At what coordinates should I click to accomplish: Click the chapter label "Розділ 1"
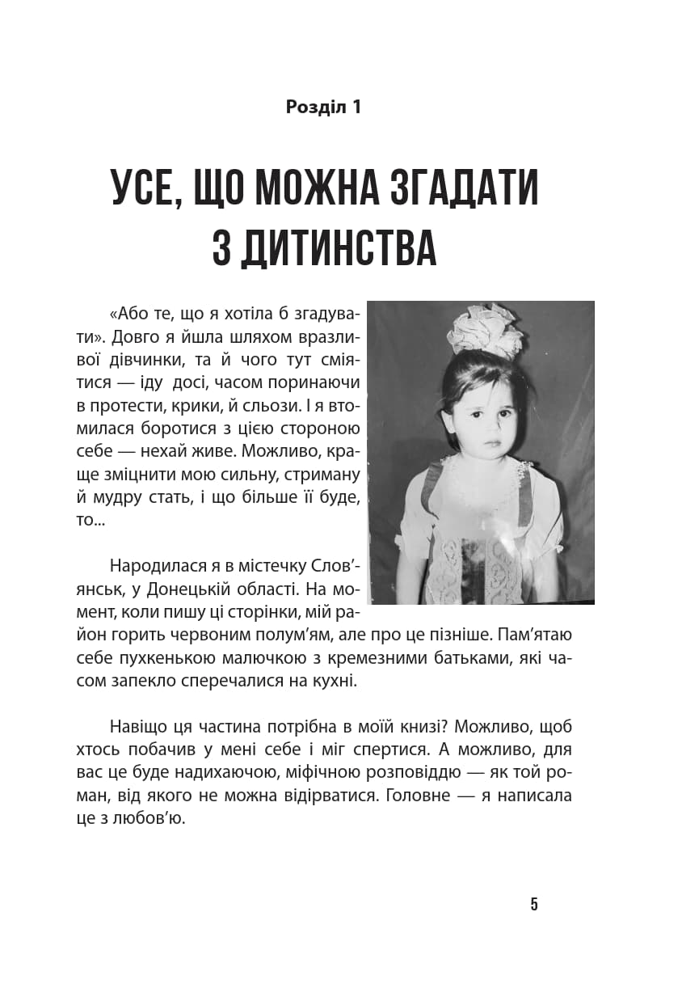coord(323,107)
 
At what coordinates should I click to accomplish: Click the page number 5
coord(534,905)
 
